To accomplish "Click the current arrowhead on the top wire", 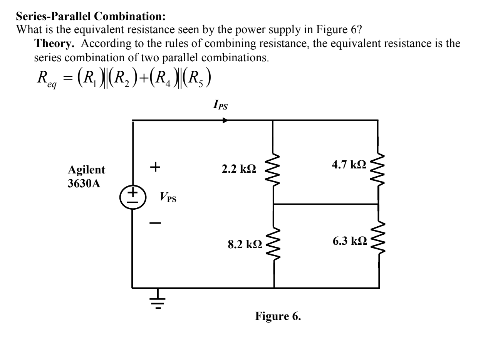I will click(225, 120).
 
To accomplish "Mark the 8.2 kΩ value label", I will click(244, 244).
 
